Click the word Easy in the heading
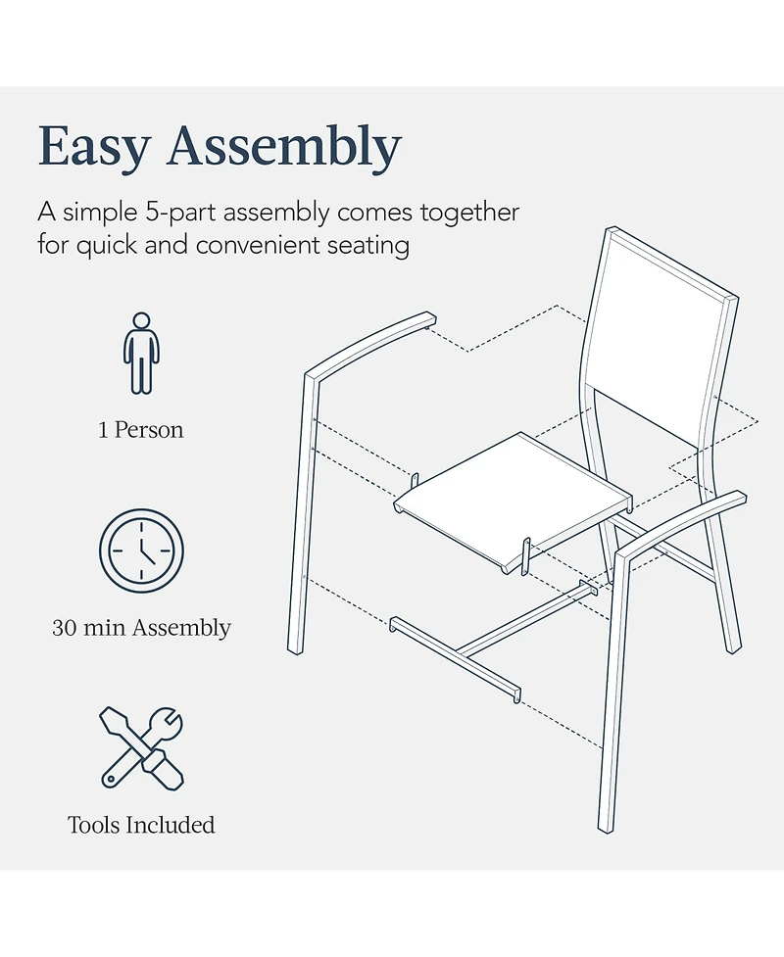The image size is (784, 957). tap(94, 148)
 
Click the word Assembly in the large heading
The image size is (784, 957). tap(284, 148)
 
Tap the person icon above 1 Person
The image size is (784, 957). tap(142, 354)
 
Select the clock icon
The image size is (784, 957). tap(142, 550)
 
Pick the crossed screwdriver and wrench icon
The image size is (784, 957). tap(142, 748)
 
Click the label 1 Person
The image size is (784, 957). tap(141, 430)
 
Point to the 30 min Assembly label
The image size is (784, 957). tap(142, 628)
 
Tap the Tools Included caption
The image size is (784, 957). tap(141, 825)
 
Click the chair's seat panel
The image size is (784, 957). tap(512, 501)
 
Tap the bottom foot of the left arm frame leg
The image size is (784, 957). tap(296, 650)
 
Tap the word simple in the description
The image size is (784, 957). tap(101, 213)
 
